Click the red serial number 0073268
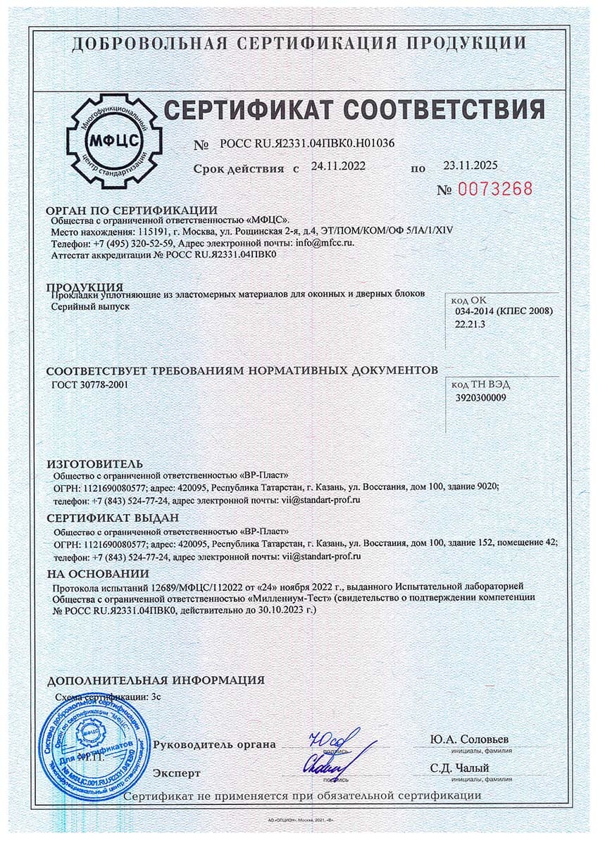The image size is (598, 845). [495, 189]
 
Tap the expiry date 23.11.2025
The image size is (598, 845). [471, 166]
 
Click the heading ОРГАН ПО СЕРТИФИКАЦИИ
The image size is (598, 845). [132, 211]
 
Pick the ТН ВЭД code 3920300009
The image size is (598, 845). [481, 397]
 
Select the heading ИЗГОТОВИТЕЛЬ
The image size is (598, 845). [94, 463]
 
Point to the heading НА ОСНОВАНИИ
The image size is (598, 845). [98, 573]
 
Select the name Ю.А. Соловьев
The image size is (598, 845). [469, 740]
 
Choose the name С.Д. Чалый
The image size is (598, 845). [461, 768]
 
